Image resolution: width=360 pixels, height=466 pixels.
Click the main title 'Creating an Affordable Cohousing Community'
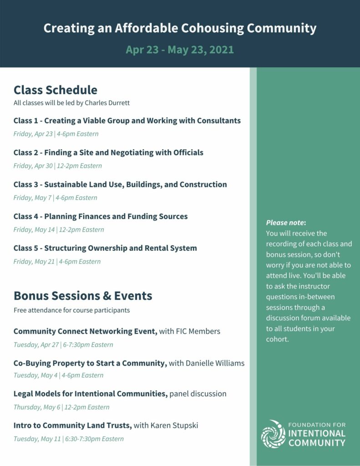[180, 28]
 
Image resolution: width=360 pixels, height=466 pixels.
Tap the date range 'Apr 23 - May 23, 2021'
[180, 50]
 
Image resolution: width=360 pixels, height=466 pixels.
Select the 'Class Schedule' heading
[55, 90]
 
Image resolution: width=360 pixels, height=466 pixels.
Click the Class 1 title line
[127, 121]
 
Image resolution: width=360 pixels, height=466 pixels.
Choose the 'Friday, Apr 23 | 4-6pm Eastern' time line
[56, 134]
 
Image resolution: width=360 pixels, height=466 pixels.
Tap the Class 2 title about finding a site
[108, 152]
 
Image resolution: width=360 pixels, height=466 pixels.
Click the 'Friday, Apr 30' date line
[57, 166]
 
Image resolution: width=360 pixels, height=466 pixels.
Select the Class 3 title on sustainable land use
[120, 184]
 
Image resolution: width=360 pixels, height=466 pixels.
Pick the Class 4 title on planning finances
[101, 216]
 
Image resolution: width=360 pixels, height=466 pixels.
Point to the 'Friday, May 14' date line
[59, 229]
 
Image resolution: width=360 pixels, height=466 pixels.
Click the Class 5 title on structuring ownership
[105, 248]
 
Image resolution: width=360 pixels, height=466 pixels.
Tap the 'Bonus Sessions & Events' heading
[83, 296]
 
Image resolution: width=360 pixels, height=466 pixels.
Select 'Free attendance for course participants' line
[71, 310]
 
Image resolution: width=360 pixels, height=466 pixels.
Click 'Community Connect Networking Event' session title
[86, 331]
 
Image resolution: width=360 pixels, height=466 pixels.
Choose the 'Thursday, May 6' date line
[61, 407]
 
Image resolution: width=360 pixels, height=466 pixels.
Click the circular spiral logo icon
[273, 434]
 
